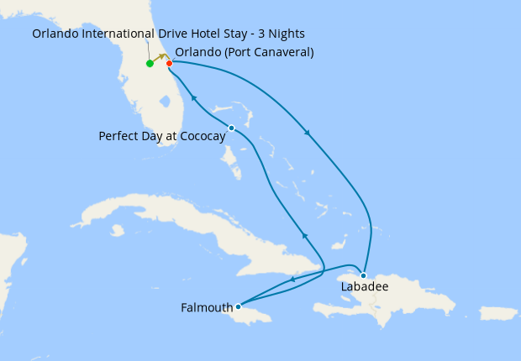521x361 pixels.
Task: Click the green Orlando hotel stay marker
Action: [150, 64]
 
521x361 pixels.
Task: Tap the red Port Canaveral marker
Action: [169, 63]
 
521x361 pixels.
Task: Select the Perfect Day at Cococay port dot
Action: [231, 128]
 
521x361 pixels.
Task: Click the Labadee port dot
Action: [363, 275]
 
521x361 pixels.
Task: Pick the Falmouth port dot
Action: [238, 306]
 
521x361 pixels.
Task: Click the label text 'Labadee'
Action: [364, 287]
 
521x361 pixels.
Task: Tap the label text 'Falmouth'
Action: [207, 308]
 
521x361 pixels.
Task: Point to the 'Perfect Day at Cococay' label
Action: [161, 136]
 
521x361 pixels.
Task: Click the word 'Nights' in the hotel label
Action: [286, 34]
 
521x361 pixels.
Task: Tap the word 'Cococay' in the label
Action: [201, 136]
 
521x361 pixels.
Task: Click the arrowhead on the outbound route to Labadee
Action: [308, 133]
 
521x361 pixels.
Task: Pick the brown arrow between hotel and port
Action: [160, 57]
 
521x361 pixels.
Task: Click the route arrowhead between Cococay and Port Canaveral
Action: [193, 98]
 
